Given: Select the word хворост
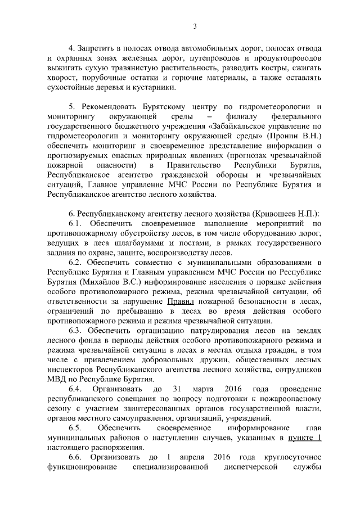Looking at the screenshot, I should point(62,78).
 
